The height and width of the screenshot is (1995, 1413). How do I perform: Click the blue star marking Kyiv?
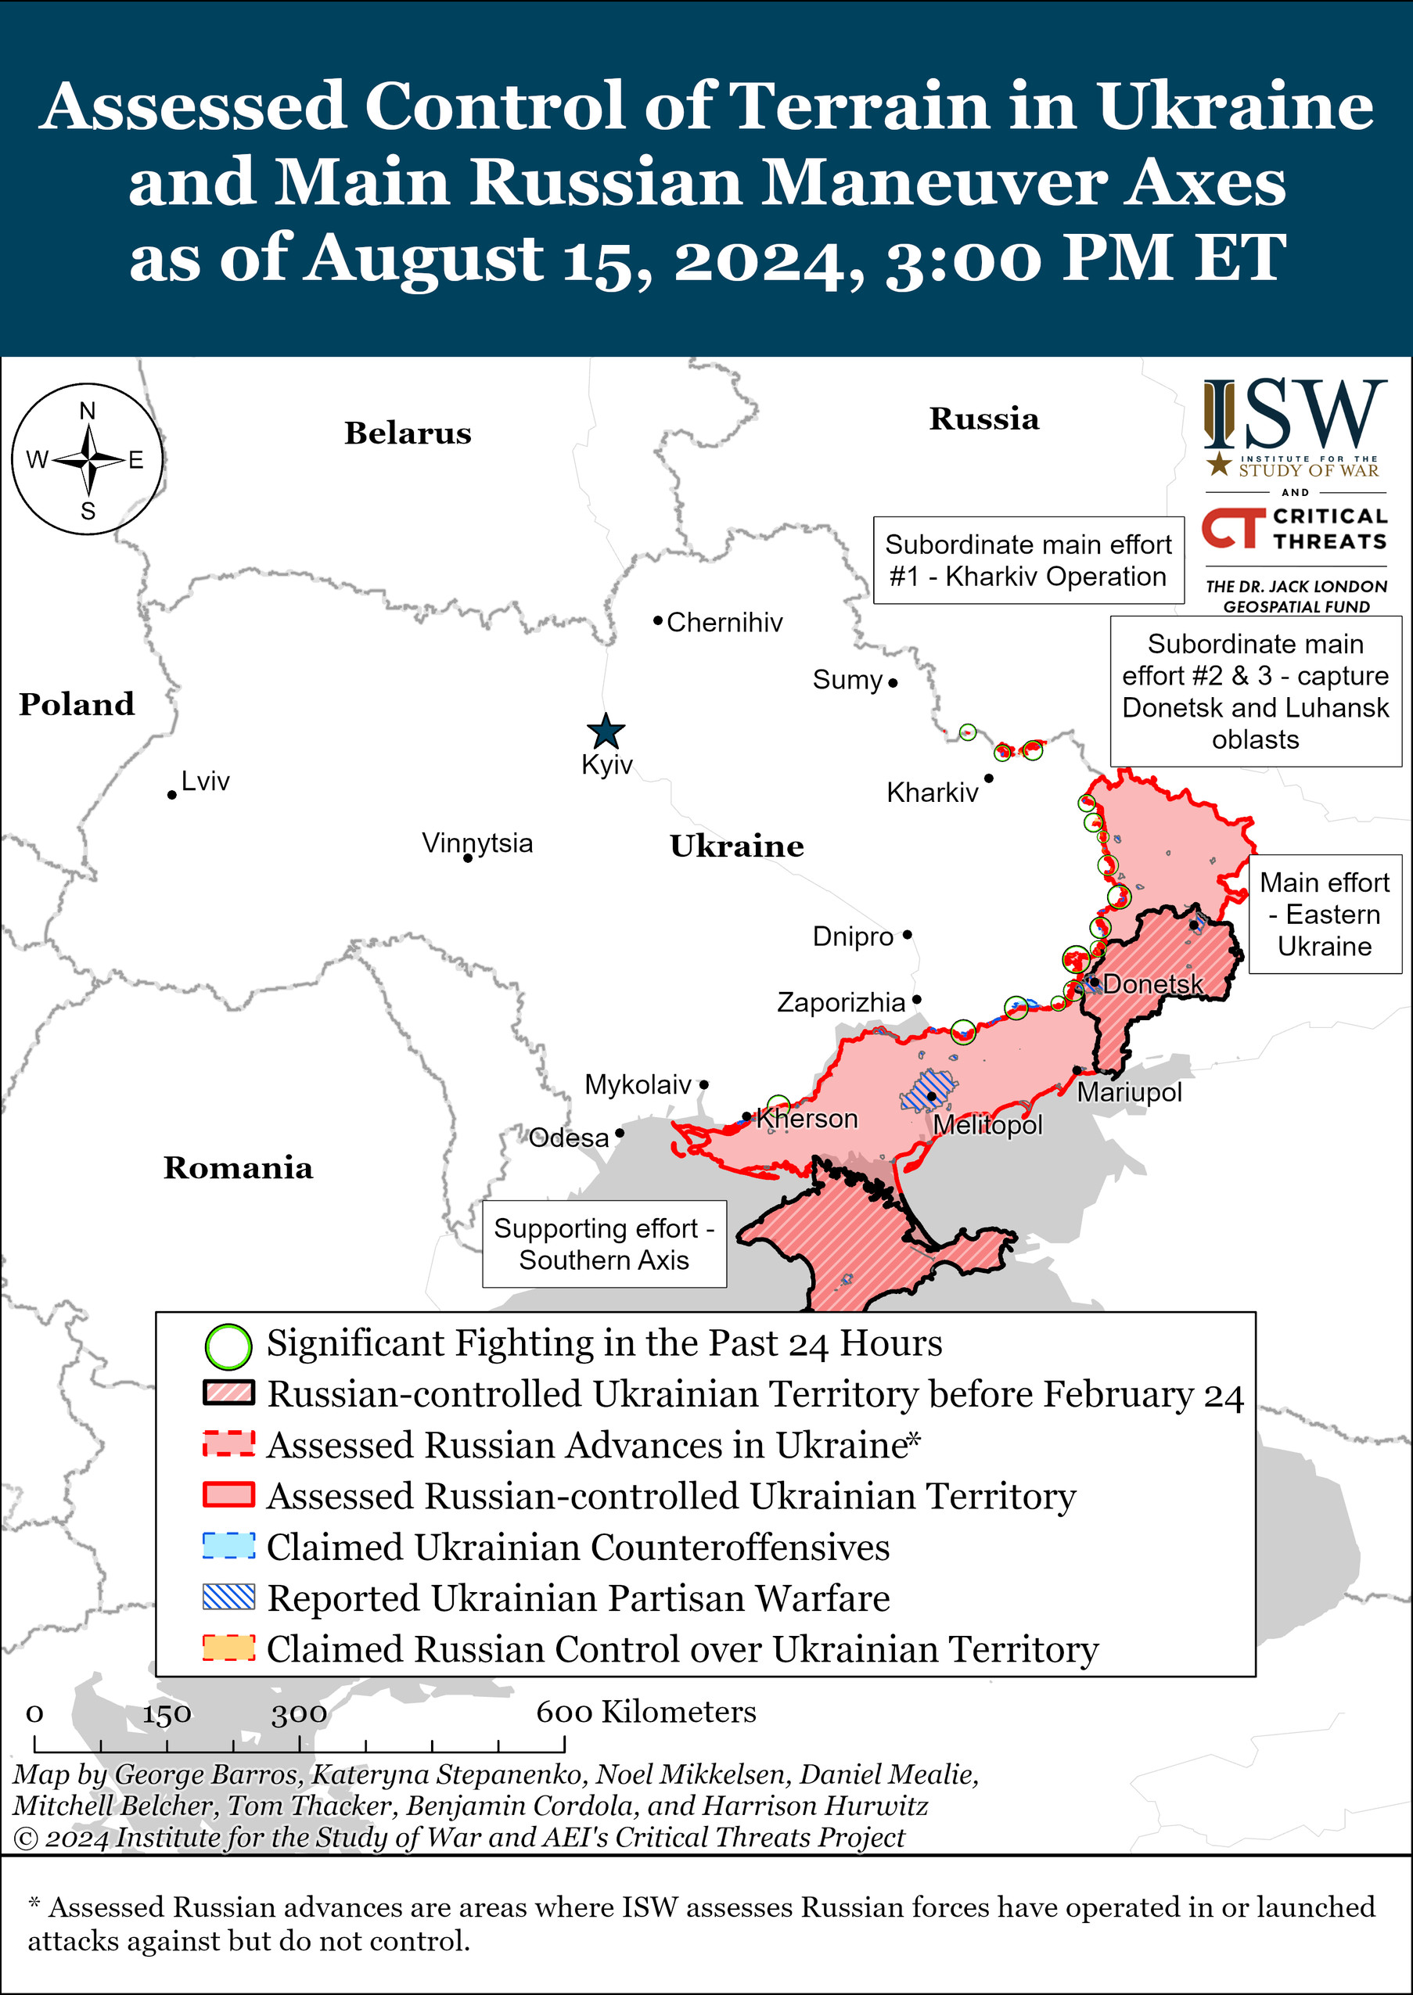pyautogui.click(x=606, y=731)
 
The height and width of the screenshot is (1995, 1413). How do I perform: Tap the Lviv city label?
pyautogui.click(x=205, y=782)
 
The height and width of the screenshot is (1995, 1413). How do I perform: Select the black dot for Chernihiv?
pyautogui.click(x=659, y=620)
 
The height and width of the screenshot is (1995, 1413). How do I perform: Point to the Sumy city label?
pyautogui.click(x=847, y=680)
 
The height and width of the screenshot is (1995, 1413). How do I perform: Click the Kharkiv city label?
pyautogui.click(x=932, y=793)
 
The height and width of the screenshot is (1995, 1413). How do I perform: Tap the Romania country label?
pyautogui.click(x=238, y=1167)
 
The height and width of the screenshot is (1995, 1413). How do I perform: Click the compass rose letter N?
pyautogui.click(x=88, y=411)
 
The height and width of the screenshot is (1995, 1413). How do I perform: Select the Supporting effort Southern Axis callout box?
pyautogui.click(x=604, y=1244)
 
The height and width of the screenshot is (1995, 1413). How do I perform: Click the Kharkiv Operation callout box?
pyautogui.click(x=1027, y=560)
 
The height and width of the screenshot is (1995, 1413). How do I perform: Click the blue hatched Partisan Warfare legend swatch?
pyautogui.click(x=228, y=1598)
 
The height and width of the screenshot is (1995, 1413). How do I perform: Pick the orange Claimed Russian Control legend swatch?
pyautogui.click(x=228, y=1648)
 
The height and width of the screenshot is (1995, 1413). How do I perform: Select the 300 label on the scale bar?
pyautogui.click(x=298, y=1714)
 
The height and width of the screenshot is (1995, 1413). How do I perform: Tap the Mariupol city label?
pyautogui.click(x=1129, y=1092)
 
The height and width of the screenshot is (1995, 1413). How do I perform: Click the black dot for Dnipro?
pyautogui.click(x=907, y=934)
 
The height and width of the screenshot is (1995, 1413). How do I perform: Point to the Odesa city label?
pyautogui.click(x=569, y=1138)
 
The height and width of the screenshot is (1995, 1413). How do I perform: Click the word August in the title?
pyautogui.click(x=426, y=258)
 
